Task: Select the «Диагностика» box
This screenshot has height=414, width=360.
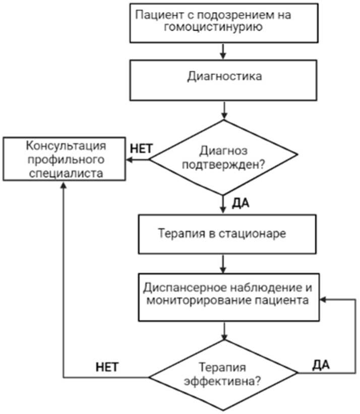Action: tap(224, 79)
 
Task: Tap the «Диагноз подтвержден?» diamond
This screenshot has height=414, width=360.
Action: tap(224, 159)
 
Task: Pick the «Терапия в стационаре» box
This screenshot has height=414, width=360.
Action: tap(224, 234)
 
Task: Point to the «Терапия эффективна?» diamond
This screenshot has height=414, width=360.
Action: tap(224, 375)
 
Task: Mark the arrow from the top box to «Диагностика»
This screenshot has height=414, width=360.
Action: tap(224, 51)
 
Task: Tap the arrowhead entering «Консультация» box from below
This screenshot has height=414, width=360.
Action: tap(63, 186)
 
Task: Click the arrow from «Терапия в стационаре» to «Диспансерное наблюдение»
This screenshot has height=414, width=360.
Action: tap(224, 262)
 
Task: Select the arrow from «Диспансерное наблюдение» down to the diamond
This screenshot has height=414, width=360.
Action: tap(224, 330)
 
